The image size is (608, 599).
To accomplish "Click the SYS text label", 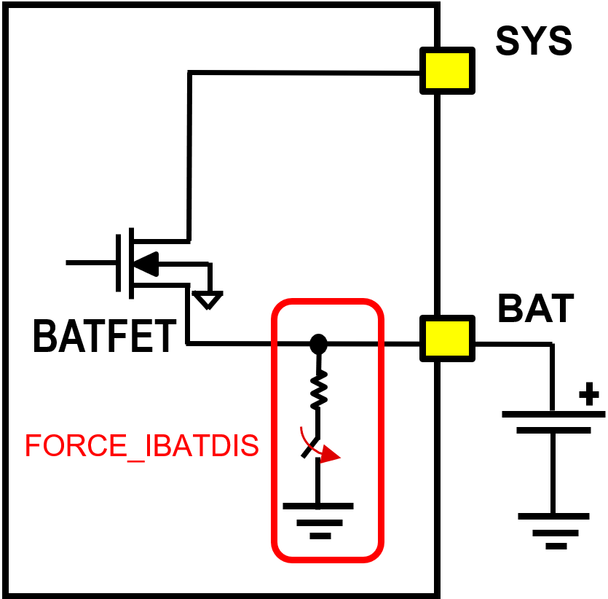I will pos(533,42).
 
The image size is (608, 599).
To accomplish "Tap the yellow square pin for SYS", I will pos(447,71).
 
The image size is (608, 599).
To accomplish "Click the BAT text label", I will pos(536,310).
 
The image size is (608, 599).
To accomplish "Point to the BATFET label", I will pos(105,337).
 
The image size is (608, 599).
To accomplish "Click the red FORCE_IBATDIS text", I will pos(141,446).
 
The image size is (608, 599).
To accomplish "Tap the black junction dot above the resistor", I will pos(318,342).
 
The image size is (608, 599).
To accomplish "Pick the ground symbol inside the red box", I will pos(318,517).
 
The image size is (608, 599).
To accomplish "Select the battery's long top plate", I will pos(553,414).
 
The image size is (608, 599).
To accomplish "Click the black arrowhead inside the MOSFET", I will pos(146,263).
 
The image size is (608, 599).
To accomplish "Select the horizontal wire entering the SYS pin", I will pos(306,72).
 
